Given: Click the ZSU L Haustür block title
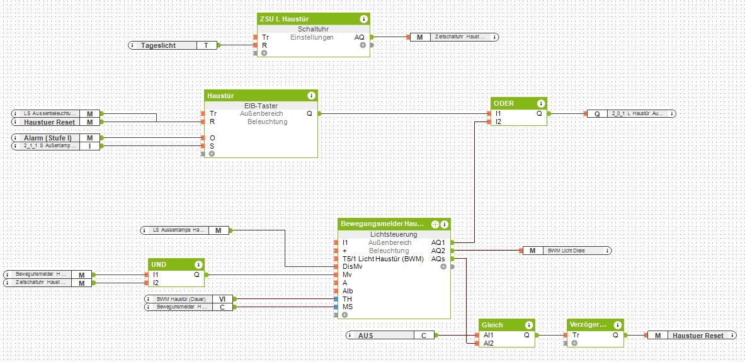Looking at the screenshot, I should click(x=283, y=19).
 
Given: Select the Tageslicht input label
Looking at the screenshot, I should click(x=158, y=45).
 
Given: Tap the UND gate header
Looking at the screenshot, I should click(x=159, y=264).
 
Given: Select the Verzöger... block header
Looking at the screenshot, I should click(x=587, y=325).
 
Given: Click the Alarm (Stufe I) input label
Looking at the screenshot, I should click(x=47, y=137).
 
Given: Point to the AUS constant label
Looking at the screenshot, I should click(x=366, y=336).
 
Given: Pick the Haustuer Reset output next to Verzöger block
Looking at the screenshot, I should click(x=697, y=336).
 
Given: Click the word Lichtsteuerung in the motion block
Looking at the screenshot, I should click(x=394, y=234).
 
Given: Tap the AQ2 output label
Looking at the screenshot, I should click(x=438, y=251).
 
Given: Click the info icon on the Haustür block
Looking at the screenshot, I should click(x=311, y=96).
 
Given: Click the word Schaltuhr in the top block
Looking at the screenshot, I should click(x=312, y=29).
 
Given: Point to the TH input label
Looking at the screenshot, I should click(x=347, y=298).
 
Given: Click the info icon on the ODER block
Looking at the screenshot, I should click(x=540, y=103).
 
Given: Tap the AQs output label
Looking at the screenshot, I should click(x=438, y=259).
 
